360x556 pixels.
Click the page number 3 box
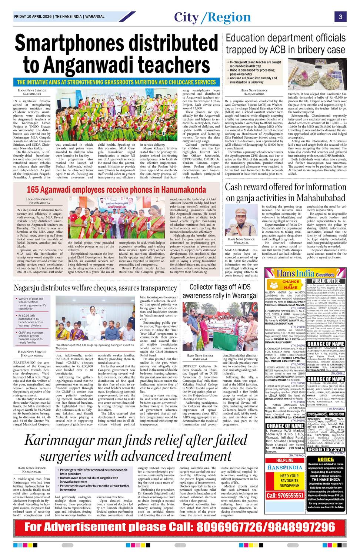pos(340,17)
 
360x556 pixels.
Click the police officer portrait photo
pos(241,220)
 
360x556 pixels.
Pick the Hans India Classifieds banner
pos(305,274)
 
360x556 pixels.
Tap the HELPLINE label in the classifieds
pos(285,460)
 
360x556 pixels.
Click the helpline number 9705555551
pos(285,495)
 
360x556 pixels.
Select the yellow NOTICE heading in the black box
pos(326,460)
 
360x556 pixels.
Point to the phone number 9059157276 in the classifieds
pos(326,449)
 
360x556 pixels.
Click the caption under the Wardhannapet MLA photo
pos(95,347)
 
